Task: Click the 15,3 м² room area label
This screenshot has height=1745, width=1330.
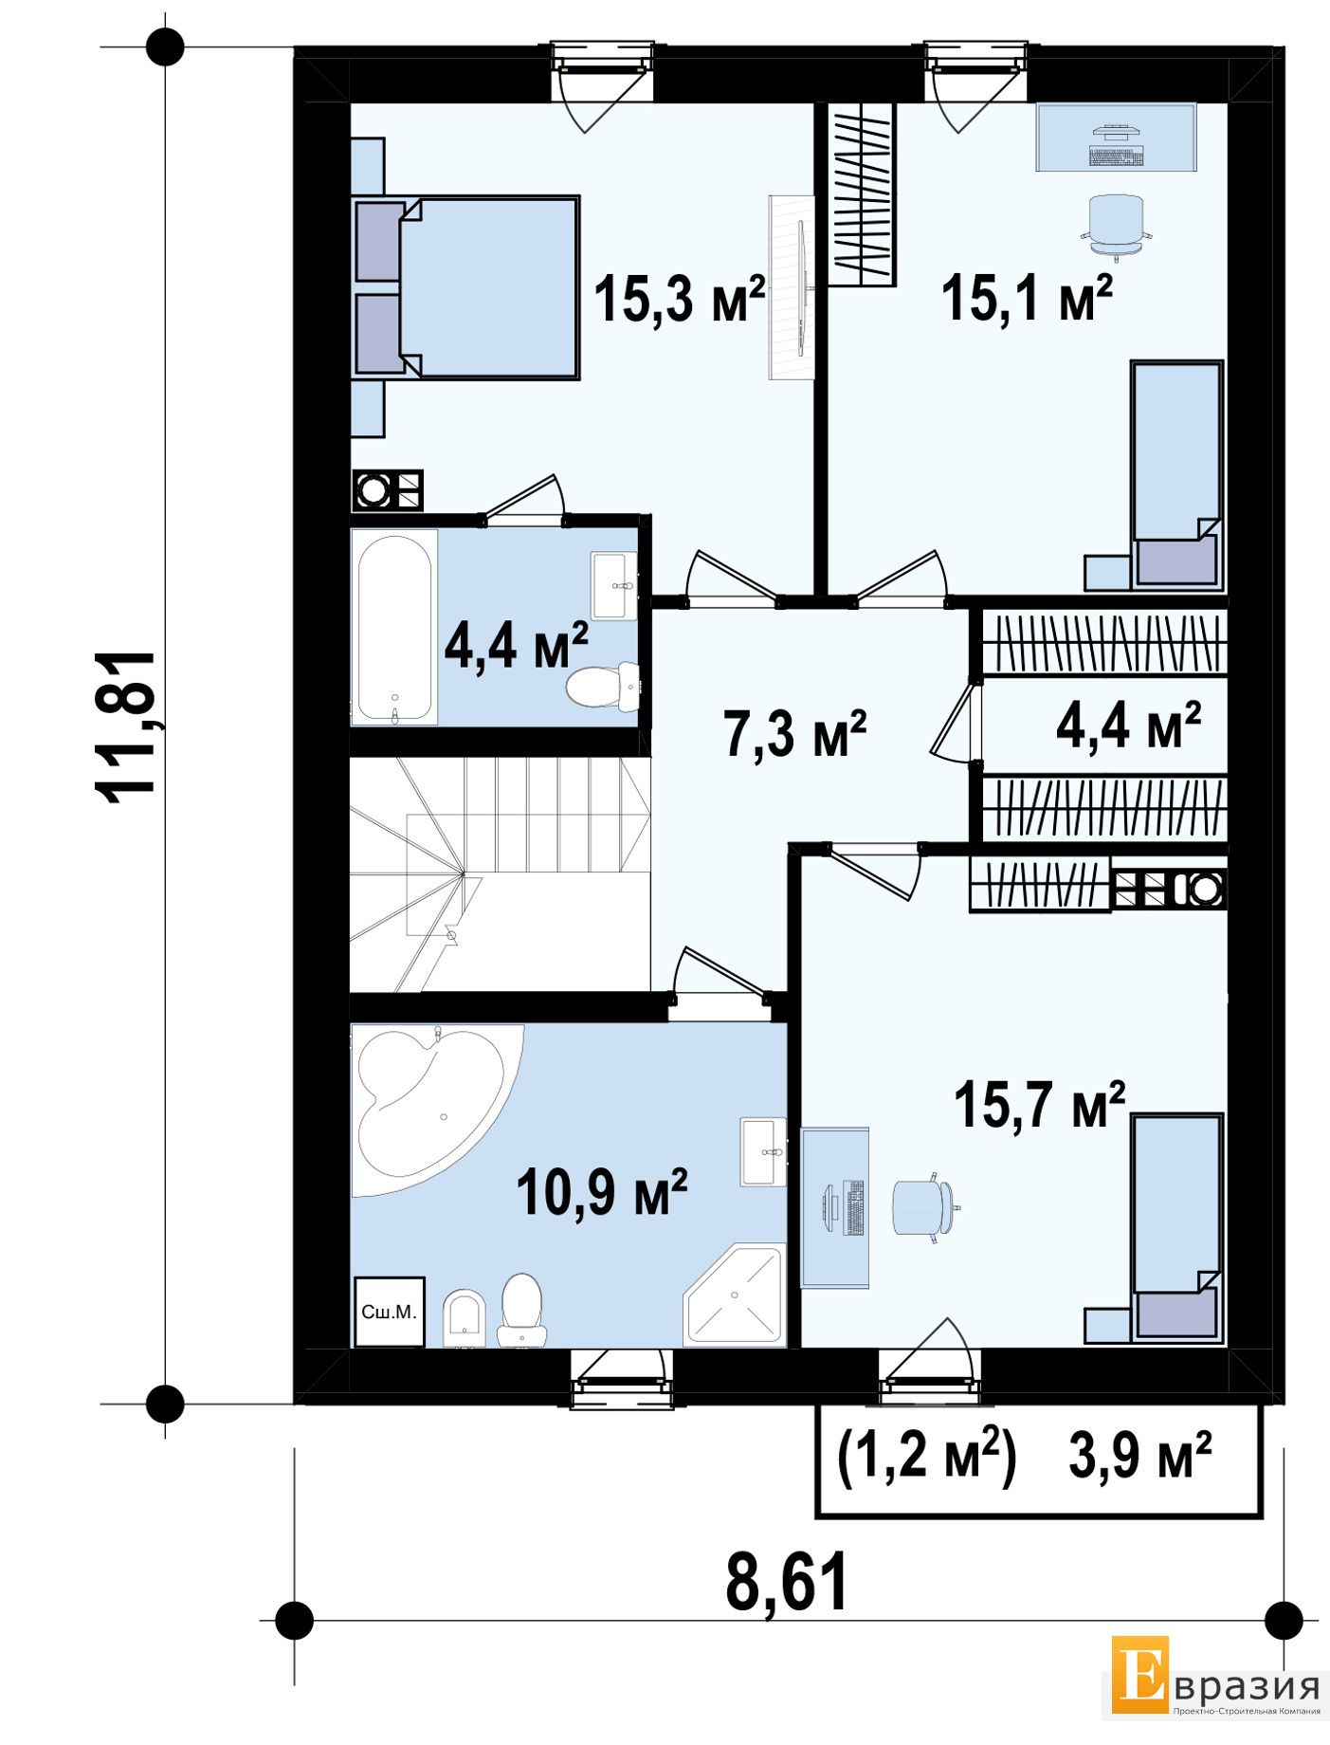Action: [679, 299]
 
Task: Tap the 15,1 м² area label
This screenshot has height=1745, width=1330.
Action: [1027, 299]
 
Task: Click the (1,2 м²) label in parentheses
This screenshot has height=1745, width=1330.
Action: [927, 1457]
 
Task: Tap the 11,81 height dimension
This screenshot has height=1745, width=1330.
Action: [126, 727]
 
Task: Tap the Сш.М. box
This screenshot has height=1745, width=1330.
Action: [389, 1313]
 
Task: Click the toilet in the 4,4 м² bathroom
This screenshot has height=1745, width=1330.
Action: [602, 686]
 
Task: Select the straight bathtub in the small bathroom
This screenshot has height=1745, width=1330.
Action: [394, 628]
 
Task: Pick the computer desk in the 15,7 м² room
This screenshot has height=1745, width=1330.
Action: [835, 1207]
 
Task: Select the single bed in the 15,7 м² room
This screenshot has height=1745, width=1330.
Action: [1175, 1226]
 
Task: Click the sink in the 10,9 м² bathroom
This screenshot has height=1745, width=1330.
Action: [763, 1151]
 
